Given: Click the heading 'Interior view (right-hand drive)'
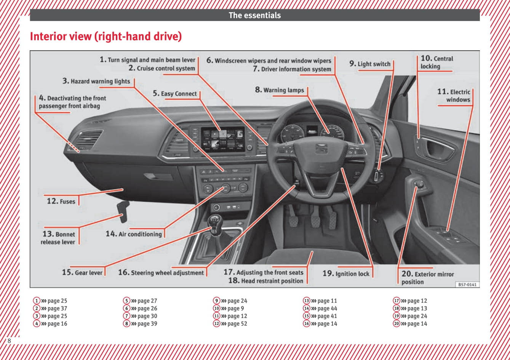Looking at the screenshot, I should tap(106, 37).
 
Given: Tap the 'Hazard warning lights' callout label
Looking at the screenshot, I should tap(96, 81).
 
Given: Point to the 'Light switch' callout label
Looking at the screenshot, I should tap(370, 64).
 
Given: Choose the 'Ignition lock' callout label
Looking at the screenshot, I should tap(346, 274).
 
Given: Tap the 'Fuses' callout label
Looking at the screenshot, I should tap(61, 201).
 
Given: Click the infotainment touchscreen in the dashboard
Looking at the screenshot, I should tap(222, 139).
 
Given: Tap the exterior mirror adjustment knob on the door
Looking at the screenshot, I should tap(420, 185).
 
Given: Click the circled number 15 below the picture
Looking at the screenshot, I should tap(307, 316).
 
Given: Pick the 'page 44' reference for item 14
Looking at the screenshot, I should tap(327, 309).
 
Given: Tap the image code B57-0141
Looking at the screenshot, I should tap(467, 285).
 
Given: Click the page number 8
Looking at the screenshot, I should tap(9, 341).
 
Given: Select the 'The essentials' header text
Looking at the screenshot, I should tap(254, 16).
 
